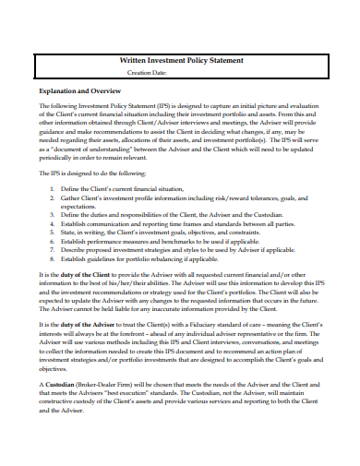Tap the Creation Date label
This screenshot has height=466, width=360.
click(x=147, y=71)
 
